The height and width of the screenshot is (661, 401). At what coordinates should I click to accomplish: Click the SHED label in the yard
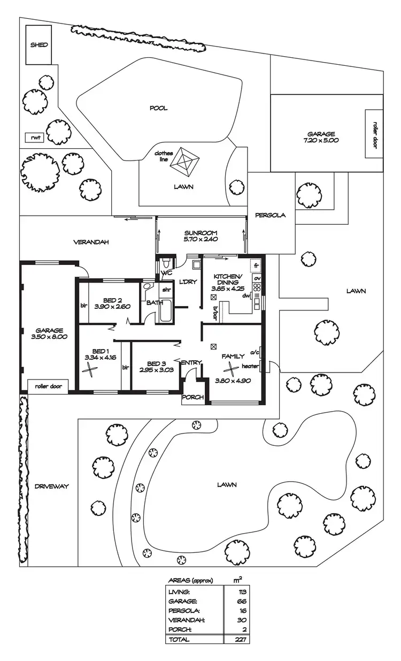38,45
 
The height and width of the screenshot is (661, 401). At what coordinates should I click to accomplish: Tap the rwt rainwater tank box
36,138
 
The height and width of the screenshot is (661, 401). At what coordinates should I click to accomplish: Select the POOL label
158,108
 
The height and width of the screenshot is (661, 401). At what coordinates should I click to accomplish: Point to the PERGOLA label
271,216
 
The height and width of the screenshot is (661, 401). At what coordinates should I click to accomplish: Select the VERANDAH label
91,242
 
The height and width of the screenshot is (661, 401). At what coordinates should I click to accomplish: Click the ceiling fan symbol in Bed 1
92,368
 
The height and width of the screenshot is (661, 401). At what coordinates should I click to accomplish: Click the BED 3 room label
158,362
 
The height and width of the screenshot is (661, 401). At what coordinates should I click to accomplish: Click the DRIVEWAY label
52,487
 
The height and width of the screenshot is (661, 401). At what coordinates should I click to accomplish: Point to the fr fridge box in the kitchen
257,265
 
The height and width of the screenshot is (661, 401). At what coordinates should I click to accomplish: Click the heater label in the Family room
250,367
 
